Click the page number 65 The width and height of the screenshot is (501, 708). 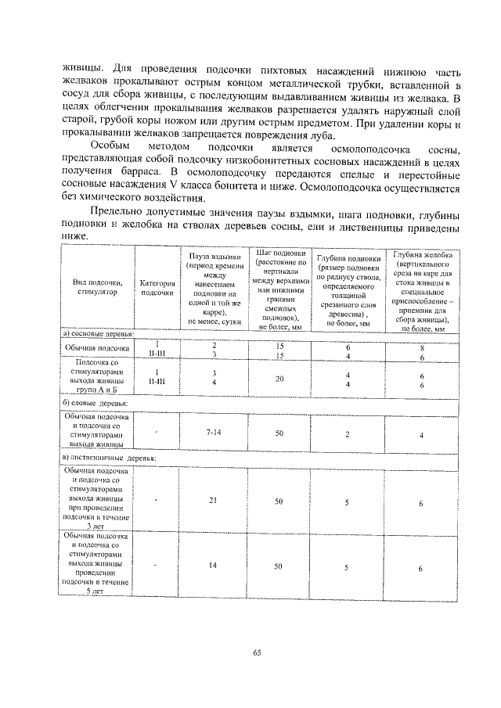coord(255,653)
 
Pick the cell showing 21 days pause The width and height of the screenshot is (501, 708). coord(213,500)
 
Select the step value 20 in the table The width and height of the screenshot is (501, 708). coord(279,379)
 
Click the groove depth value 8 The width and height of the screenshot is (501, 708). coord(422,347)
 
